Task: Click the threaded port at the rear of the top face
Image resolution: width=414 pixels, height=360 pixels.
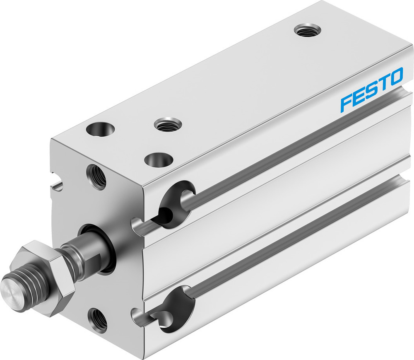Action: pyautogui.click(x=307, y=30)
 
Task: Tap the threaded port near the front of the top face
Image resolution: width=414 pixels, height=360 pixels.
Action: pyautogui.click(x=168, y=124)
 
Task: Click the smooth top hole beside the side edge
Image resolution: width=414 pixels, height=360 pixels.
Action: pyautogui.click(x=159, y=159)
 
